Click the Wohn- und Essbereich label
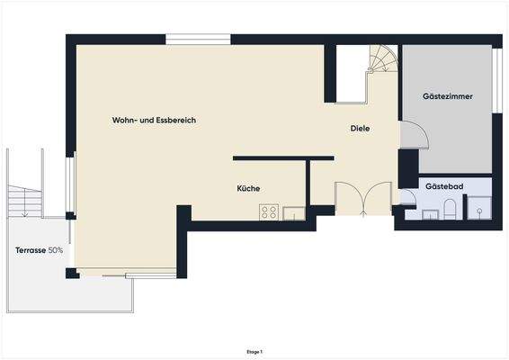(154, 120)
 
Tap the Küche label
(248, 188)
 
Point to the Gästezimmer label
(448, 95)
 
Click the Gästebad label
(445, 184)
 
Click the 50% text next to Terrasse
(56, 249)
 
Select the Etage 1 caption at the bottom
(254, 352)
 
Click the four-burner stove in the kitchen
(268, 212)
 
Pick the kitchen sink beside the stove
(293, 213)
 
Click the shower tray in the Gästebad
(480, 208)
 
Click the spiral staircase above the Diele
(381, 63)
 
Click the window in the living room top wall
(198, 40)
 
